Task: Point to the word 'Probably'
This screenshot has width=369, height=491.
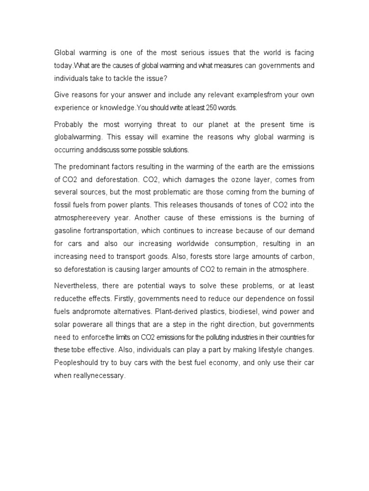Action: (x=69, y=124)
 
